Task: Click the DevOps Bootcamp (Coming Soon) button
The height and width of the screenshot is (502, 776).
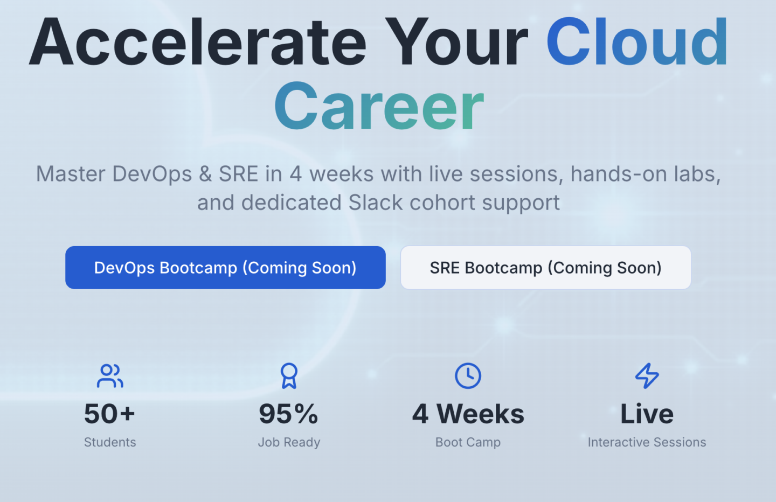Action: (x=225, y=268)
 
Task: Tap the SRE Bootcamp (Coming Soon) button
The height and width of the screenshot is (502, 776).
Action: (x=545, y=268)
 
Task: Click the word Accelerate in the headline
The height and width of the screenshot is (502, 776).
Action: (x=198, y=41)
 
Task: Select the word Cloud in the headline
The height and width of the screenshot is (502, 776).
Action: (x=638, y=41)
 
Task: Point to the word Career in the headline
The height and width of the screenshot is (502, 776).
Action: (x=379, y=106)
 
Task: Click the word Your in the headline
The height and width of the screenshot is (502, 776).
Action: (x=457, y=41)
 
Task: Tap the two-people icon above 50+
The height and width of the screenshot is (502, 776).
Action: (x=110, y=375)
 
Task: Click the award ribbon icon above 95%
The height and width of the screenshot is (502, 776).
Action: (x=289, y=375)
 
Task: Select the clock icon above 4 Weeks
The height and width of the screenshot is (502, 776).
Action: (x=468, y=375)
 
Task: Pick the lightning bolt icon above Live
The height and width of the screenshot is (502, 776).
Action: (x=647, y=375)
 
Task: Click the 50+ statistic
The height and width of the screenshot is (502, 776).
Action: (x=109, y=414)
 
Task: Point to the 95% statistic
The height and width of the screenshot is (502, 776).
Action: (x=289, y=414)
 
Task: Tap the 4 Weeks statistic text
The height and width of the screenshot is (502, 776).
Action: (x=468, y=414)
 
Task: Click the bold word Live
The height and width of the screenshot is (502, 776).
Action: (x=647, y=414)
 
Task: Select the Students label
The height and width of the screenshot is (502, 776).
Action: (x=110, y=442)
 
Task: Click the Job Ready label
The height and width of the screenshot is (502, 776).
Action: (x=289, y=443)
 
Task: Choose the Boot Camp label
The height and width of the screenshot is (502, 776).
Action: (x=468, y=443)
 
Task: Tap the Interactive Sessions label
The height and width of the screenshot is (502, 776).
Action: (x=647, y=442)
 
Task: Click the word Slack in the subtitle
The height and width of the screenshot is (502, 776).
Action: (x=376, y=202)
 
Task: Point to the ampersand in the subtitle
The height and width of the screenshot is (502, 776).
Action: (x=205, y=174)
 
